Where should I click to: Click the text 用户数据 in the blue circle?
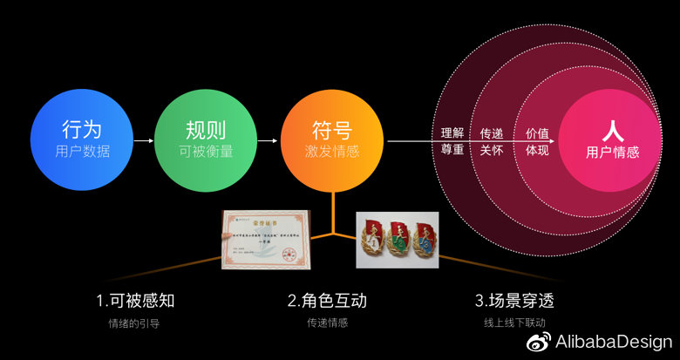pyautogui.click(x=83, y=151)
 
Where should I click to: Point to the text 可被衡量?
pyautogui.click(x=207, y=151)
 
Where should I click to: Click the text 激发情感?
pyautogui.click(x=332, y=151)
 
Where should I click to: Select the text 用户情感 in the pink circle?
pyautogui.click(x=612, y=152)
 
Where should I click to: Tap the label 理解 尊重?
pyautogui.click(x=452, y=140)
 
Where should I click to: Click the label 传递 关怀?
pyautogui.click(x=493, y=140)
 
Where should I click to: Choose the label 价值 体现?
pyautogui.click(x=537, y=140)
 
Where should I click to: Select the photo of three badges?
pyautogui.click(x=398, y=239)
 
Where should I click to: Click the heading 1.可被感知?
pyautogui.click(x=135, y=301)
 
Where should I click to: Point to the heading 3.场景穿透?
pyautogui.click(x=514, y=301)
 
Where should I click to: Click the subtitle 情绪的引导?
pyautogui.click(x=135, y=323)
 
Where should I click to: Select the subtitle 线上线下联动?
pyautogui.click(x=514, y=323)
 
